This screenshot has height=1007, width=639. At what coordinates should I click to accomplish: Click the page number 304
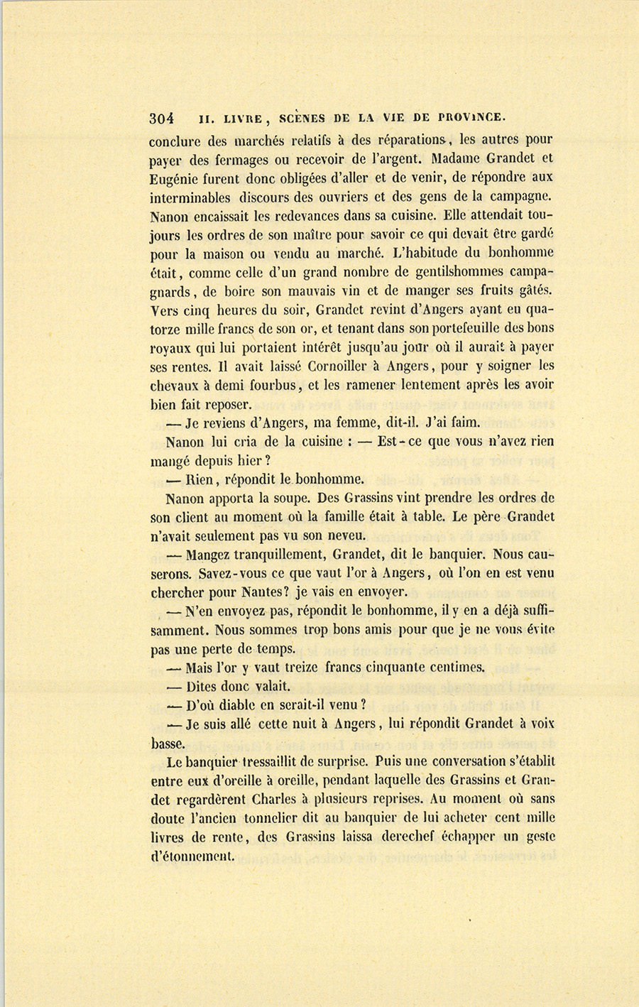click(x=163, y=117)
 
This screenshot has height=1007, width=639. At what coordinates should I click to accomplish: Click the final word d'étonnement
click(x=192, y=856)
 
